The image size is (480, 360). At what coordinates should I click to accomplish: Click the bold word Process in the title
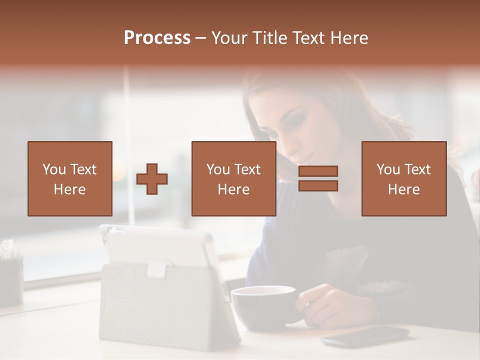click(x=157, y=38)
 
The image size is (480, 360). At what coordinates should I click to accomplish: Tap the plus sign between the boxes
click(x=152, y=179)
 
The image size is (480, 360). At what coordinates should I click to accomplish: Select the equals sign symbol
click(x=318, y=178)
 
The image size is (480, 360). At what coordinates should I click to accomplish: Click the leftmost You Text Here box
click(x=70, y=178)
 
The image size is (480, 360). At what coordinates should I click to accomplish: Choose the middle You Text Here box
click(x=233, y=178)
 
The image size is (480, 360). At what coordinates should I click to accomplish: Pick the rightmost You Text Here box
click(x=403, y=178)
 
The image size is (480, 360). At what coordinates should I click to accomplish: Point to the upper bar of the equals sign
click(x=318, y=171)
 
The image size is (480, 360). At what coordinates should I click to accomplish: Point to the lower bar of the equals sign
click(x=318, y=185)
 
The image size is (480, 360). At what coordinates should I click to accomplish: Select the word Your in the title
click(x=229, y=38)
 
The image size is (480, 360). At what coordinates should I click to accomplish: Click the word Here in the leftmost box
click(x=70, y=189)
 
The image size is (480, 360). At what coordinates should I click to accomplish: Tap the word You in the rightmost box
click(x=387, y=169)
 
